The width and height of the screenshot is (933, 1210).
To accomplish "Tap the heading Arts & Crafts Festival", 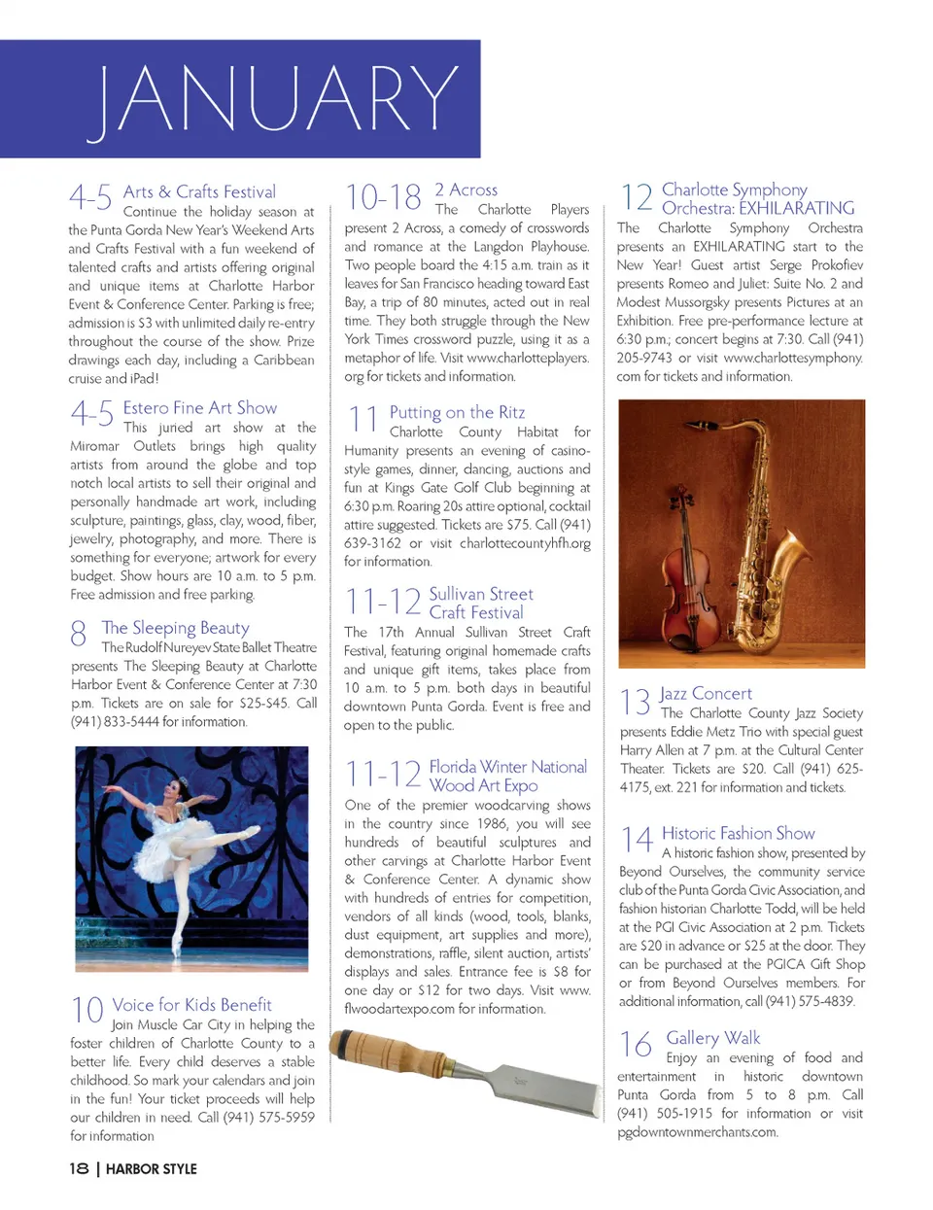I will (199, 191).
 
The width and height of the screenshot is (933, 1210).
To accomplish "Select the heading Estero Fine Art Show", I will (199, 408).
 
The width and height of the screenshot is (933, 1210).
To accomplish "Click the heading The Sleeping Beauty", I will (175, 628).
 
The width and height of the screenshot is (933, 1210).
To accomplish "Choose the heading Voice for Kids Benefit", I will (191, 1005).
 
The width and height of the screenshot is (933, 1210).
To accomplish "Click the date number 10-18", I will (383, 198).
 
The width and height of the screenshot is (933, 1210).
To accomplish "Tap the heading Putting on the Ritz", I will (457, 412).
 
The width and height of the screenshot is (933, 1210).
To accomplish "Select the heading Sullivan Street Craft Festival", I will (480, 603).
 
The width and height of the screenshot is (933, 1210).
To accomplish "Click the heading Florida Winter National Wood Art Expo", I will (507, 776).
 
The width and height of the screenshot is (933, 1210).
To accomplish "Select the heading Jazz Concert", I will (706, 693).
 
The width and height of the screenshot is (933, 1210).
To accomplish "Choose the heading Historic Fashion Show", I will (738, 833).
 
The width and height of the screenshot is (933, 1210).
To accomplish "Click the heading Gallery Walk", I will (712, 1038).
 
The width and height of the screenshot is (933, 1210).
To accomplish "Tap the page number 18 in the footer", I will (79, 1168).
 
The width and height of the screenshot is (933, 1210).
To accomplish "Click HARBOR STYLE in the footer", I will (151, 1169).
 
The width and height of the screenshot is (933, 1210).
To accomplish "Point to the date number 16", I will (636, 1045).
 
